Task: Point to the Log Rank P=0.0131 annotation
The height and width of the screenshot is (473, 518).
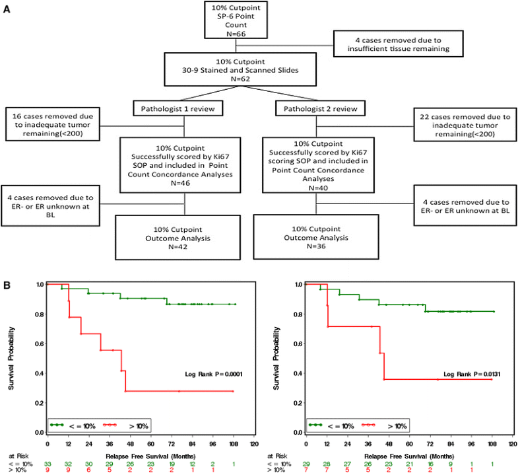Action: (469, 375)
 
